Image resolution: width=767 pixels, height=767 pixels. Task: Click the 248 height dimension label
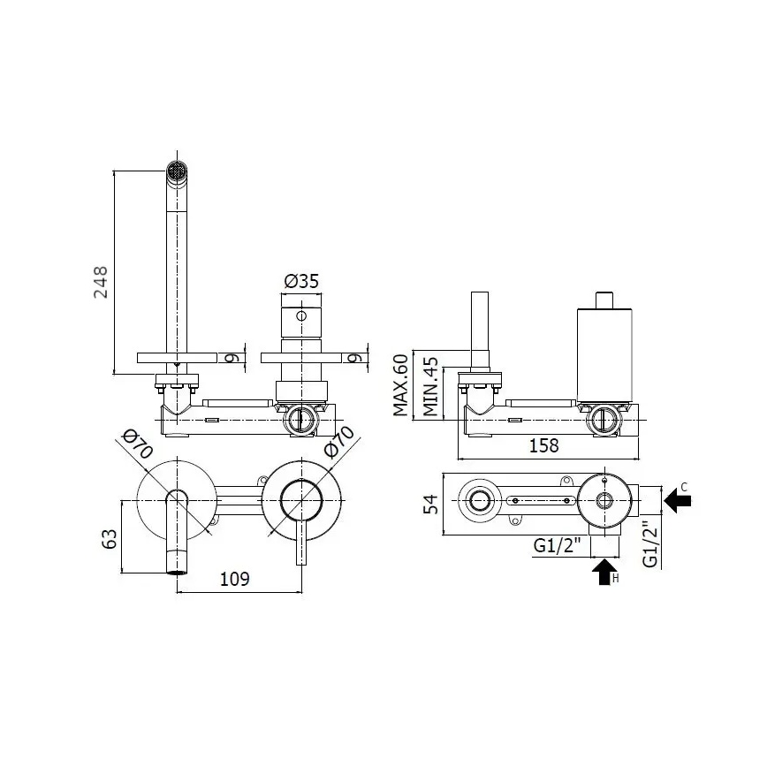click(x=103, y=282)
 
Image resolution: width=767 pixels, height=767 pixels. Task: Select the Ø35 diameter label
click(x=301, y=282)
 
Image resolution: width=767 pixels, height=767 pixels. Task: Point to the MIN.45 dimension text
click(x=429, y=386)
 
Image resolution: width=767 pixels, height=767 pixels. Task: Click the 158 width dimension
click(x=543, y=445)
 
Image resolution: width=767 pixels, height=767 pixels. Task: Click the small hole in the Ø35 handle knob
click(x=301, y=315)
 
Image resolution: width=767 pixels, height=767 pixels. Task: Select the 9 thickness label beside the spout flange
click(x=229, y=358)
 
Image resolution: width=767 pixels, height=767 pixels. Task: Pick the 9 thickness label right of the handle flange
click(x=353, y=358)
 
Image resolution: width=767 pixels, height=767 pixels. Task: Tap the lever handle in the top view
click(x=301, y=539)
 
